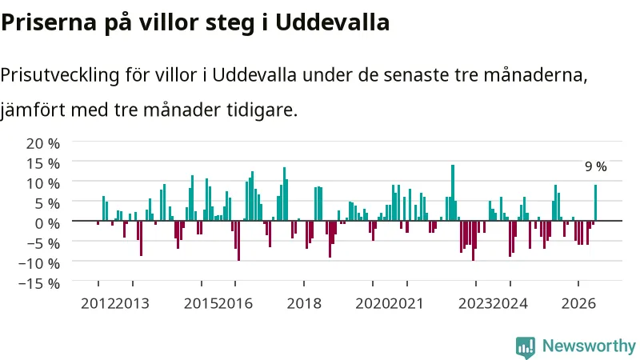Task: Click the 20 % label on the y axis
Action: coord(43,144)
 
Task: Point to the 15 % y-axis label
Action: coord(43,164)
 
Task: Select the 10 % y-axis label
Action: coord(43,184)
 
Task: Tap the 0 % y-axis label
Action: coord(47,224)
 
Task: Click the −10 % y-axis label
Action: coord(39,264)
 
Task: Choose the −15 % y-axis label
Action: coord(39,284)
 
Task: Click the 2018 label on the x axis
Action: coord(304,304)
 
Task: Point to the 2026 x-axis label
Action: coord(578,304)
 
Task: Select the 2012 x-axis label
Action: coord(98,304)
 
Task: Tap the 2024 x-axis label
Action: coord(510,304)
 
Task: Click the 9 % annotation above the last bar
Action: coord(595,166)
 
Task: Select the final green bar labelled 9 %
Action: coord(595,203)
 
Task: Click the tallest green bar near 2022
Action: coord(453,193)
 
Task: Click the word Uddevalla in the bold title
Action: coord(332,22)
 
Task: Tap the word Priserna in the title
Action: coord(49,22)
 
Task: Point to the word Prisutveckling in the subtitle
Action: coord(60,75)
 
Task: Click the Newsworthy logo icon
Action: coord(526,347)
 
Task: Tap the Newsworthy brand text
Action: coord(589,346)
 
